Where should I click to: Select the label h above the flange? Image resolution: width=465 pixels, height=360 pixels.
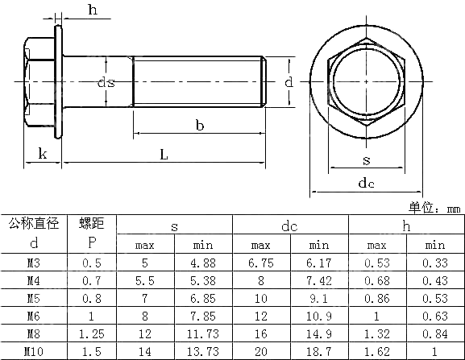coord(93,10)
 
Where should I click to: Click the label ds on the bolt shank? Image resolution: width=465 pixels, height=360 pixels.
coord(106,82)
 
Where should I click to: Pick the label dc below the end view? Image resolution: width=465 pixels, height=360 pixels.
coord(366,183)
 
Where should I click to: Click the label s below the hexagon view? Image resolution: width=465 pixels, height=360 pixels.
coord(366,159)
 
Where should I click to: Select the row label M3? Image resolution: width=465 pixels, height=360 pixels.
coord(33,263)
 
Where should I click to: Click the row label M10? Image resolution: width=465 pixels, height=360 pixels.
coord(33,351)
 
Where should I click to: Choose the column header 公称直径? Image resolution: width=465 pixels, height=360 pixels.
coord(33,224)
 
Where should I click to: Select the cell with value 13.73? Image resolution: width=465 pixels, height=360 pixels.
coord(202,351)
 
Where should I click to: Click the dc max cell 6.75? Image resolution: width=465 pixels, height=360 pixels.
coord(261,263)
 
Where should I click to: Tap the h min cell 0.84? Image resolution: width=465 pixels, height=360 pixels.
coord(434,333)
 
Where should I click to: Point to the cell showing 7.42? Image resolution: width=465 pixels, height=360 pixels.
coord(319,280)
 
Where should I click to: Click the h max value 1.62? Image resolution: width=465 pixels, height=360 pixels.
coord(376,351)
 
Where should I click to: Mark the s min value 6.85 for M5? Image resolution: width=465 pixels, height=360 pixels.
coord(202,298)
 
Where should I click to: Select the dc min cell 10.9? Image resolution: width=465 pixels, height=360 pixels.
coord(319,316)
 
